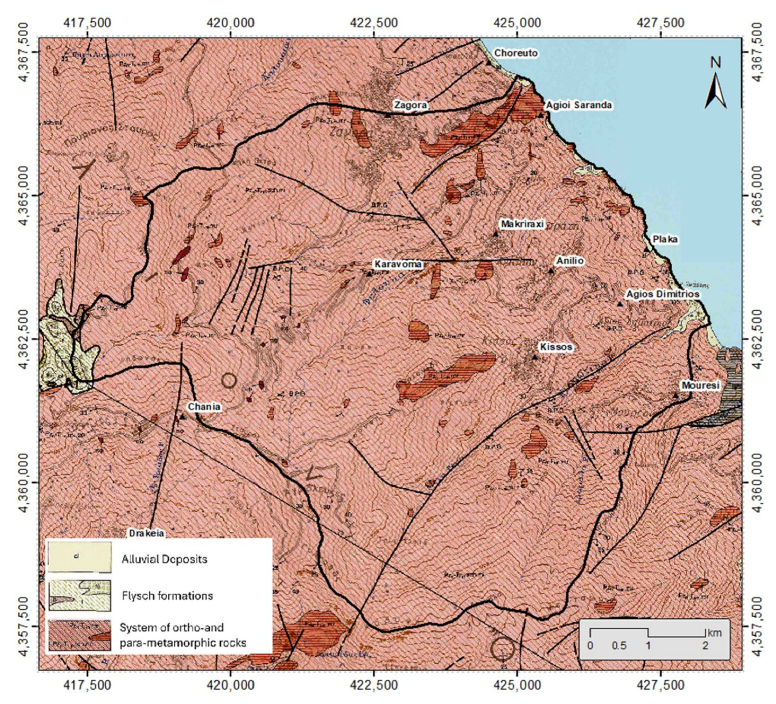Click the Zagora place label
tap(410, 105)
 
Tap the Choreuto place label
tap(515, 53)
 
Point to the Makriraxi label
tap(522, 224)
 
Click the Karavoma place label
tap(398, 264)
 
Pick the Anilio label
tap(570, 261)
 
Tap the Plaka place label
tap(665, 239)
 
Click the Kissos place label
tap(556, 347)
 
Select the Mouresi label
tap(701, 385)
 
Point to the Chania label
tap(204, 407)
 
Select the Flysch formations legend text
tap(167, 596)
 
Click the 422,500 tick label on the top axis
tap(374, 23)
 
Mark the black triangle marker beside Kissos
tap(535, 357)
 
